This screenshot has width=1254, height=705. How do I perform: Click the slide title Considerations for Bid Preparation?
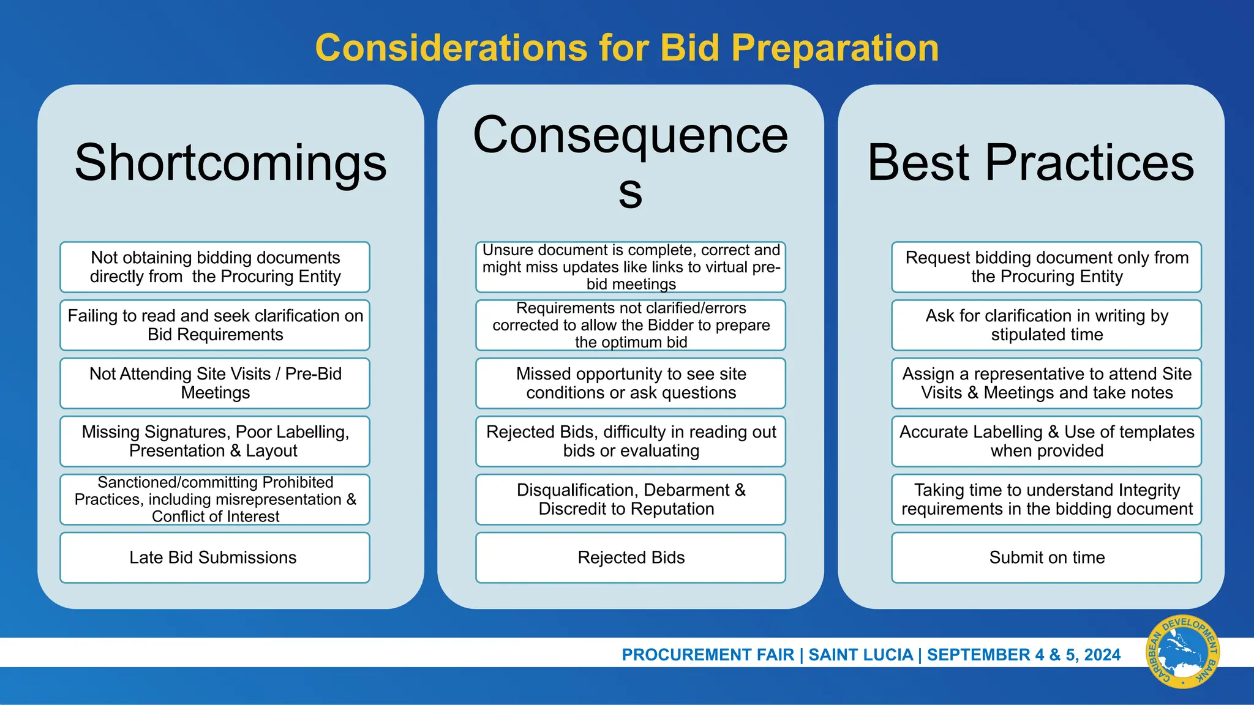click(x=627, y=48)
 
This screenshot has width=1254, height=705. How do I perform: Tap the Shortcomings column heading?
click(x=230, y=163)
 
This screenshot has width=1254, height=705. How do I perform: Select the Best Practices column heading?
click(x=1031, y=163)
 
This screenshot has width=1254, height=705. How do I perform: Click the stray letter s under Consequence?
click(x=630, y=192)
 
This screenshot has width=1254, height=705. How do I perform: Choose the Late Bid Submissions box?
click(x=214, y=558)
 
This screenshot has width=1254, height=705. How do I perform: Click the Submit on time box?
click(x=1046, y=558)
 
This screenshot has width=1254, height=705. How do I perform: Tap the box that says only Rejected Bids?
click(x=631, y=558)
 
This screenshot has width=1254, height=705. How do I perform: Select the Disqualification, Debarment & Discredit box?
click(x=631, y=499)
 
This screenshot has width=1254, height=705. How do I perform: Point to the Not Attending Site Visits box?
click(x=214, y=383)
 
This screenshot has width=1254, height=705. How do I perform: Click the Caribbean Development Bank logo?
click(x=1182, y=652)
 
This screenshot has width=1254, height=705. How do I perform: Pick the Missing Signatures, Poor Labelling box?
click(x=214, y=441)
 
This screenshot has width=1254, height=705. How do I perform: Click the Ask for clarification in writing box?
click(x=1046, y=325)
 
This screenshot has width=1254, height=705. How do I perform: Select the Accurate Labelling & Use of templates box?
click(x=1046, y=441)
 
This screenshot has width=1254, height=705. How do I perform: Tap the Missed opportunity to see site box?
click(x=631, y=383)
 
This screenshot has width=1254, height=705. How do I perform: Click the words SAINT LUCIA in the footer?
click(x=860, y=655)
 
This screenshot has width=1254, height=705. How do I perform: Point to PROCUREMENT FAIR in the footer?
click(x=707, y=655)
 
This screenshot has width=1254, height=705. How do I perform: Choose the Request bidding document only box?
click(x=1046, y=267)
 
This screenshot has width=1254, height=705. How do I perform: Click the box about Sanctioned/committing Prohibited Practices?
click(x=214, y=499)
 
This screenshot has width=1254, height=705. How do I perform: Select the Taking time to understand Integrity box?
click(x=1046, y=499)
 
